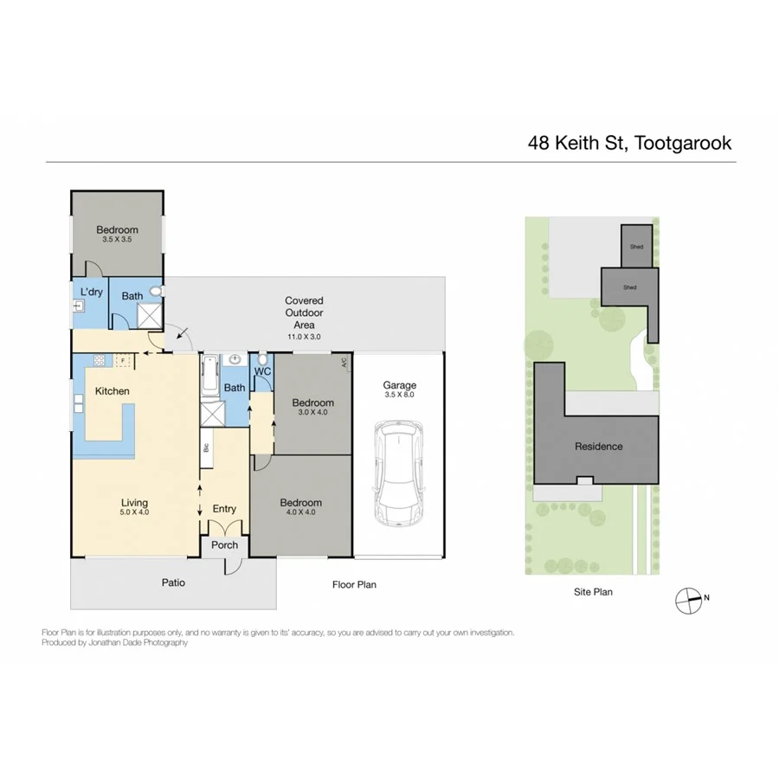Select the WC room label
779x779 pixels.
tap(262, 372)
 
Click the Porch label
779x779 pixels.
tap(224, 545)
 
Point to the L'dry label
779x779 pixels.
tap(91, 293)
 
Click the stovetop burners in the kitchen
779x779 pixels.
tap(99, 359)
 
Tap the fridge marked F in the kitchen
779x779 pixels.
tap(123, 359)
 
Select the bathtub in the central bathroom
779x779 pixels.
tap(209, 378)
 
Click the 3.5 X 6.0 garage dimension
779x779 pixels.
tap(400, 395)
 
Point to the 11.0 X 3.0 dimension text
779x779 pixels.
tap(304, 336)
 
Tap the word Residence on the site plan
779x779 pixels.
tap(598, 447)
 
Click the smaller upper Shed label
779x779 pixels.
tap(636, 248)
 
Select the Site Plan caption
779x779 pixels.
tap(592, 592)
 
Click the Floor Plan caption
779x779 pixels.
tap(354, 585)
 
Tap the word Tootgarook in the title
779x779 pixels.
tap(684, 143)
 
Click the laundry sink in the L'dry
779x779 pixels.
tap(78, 306)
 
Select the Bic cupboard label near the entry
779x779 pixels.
tap(206, 448)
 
